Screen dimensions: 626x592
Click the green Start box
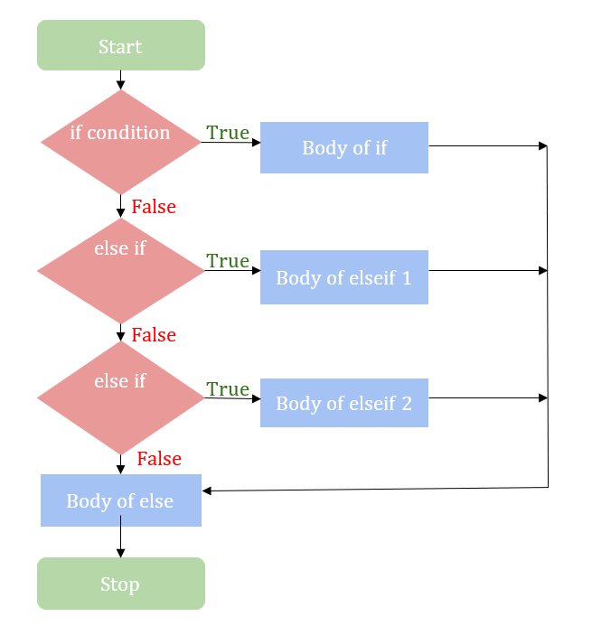point(121,45)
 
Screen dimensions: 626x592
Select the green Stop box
point(121,584)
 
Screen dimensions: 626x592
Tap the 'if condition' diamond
point(120,141)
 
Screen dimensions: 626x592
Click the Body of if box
point(343,147)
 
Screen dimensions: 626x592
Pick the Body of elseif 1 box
point(343,277)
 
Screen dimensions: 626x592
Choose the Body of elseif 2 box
point(343,403)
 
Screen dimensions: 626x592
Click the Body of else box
point(120,500)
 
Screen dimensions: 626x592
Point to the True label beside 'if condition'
point(228,133)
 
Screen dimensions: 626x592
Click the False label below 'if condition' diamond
point(154,207)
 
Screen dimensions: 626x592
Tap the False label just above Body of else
point(159,459)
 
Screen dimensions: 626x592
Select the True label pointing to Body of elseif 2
point(228,389)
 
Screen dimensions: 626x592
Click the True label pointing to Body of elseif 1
point(228,261)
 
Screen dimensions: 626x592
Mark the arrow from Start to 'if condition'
point(120,79)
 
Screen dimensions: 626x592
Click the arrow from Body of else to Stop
point(120,542)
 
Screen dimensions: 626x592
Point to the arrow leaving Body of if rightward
point(487,145)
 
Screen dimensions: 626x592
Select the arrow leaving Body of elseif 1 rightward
point(487,270)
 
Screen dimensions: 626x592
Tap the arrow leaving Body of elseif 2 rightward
point(487,397)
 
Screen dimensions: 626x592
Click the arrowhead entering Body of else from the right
point(208,491)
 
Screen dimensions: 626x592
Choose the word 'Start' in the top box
point(120,46)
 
